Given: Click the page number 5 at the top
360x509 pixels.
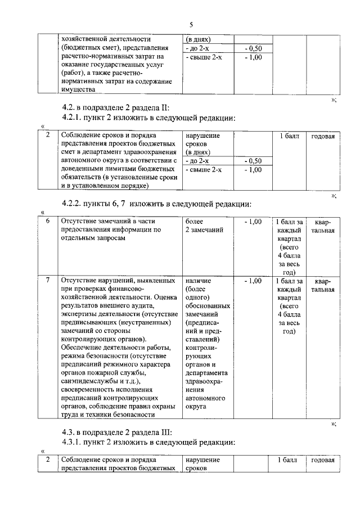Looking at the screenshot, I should coord(191,25).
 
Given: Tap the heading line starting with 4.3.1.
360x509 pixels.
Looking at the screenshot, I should coord(148,443).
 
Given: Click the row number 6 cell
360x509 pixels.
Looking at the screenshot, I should coord(48,222).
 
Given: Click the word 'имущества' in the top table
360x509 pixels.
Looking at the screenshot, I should coord(79,88).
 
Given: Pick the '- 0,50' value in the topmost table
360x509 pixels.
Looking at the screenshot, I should coord(253,49).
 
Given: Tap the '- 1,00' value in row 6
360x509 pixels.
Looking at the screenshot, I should coord(253,222).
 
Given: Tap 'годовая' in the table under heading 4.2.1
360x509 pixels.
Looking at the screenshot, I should coord(323,137).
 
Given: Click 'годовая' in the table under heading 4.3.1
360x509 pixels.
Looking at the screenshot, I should coord(323,461).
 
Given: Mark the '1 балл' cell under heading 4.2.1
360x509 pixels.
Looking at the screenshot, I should coord(289,137).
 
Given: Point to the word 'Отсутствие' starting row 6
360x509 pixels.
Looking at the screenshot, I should coord(80,222).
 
